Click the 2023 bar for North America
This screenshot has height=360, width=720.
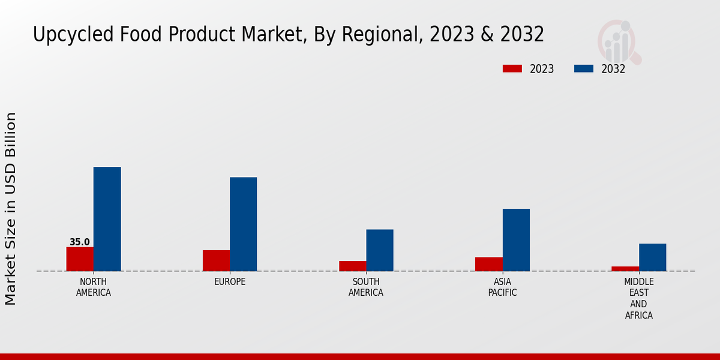[80, 259]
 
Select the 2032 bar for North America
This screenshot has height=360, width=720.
[107, 219]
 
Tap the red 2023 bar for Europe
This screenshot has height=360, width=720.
[216, 260]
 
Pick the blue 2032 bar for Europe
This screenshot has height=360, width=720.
[243, 224]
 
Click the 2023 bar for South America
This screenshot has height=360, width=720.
[352, 266]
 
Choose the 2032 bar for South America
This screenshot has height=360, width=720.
[380, 250]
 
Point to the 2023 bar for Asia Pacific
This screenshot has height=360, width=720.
[488, 264]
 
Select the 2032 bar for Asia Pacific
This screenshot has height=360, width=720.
[516, 240]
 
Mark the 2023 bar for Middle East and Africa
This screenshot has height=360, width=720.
[625, 269]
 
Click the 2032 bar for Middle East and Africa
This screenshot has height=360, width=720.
[652, 257]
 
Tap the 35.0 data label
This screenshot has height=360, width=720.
[80, 242]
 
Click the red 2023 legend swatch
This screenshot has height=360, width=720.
[512, 69]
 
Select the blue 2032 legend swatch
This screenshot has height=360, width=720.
[583, 69]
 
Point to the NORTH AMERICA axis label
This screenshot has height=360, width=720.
[94, 287]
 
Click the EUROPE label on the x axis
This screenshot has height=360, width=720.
[230, 282]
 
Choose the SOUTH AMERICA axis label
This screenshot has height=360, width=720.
[366, 287]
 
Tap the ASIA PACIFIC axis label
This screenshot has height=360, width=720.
[502, 287]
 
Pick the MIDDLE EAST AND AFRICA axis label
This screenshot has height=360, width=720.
[639, 298]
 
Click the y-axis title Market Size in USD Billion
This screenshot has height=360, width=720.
[11, 208]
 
